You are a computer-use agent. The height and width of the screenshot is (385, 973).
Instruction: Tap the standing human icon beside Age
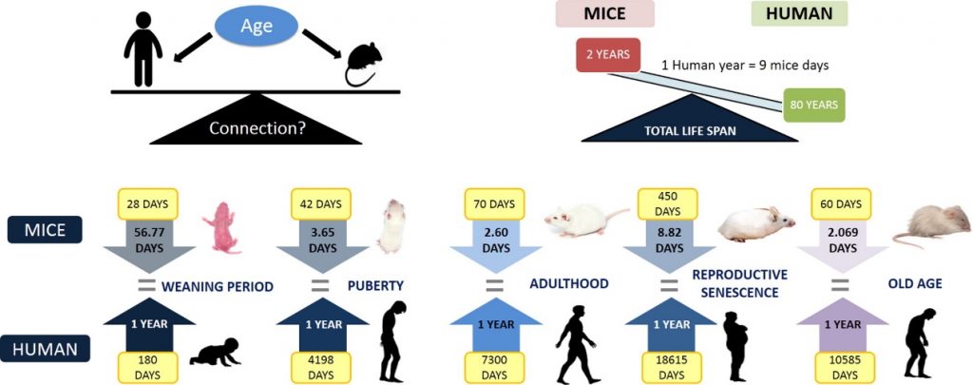pos(142,48)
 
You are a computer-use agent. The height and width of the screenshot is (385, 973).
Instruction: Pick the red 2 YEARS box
pos(607,54)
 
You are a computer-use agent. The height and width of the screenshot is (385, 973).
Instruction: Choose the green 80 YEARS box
pos(814,105)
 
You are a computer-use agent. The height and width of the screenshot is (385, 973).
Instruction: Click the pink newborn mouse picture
pos(220,228)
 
